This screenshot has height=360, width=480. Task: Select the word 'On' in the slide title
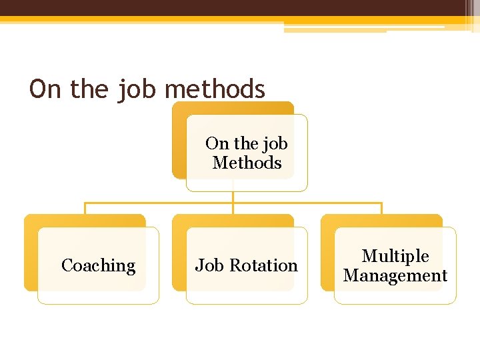(45, 89)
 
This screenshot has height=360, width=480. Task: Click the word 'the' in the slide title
(89, 89)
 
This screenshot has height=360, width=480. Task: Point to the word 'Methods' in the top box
(247, 163)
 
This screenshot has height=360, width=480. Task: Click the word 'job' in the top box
(275, 143)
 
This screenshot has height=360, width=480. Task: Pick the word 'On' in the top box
(217, 143)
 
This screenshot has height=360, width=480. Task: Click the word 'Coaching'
(98, 265)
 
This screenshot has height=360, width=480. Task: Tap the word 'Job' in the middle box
(209, 265)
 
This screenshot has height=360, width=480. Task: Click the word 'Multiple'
(395, 256)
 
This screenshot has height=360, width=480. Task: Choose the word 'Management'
(395, 275)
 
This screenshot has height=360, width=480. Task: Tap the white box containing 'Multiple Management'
(395, 293)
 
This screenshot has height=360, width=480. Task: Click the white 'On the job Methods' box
(247, 180)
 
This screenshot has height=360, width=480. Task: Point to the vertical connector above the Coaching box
(85, 208)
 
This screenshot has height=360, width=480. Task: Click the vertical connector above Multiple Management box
(381, 208)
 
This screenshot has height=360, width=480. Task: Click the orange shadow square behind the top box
(178, 140)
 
